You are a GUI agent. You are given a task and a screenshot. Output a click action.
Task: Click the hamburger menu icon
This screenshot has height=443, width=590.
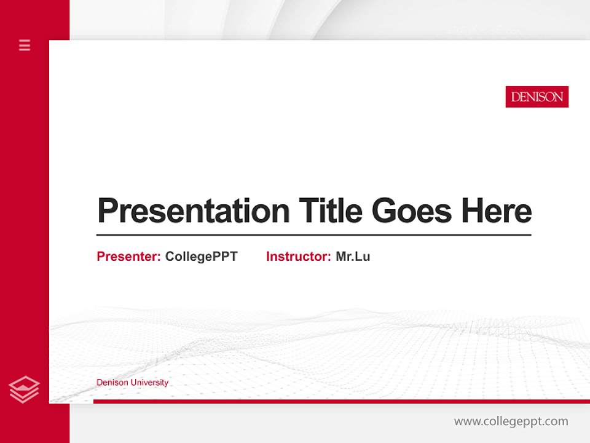(x=25, y=45)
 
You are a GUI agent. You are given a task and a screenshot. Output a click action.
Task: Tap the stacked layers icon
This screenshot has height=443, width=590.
(x=24, y=389)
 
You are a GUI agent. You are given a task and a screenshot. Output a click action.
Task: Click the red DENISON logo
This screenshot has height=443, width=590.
(x=537, y=97)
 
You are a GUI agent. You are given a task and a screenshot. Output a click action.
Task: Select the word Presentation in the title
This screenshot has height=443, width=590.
(x=193, y=211)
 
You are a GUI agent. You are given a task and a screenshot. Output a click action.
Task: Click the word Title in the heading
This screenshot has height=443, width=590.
(x=330, y=210)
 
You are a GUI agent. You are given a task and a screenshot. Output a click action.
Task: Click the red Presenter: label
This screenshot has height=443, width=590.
(x=128, y=257)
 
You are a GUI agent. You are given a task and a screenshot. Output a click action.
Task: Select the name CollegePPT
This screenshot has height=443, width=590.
(x=201, y=257)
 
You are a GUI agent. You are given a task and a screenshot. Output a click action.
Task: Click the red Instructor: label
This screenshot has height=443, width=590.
(x=298, y=257)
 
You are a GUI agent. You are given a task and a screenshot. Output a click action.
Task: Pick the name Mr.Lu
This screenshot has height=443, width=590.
(x=353, y=257)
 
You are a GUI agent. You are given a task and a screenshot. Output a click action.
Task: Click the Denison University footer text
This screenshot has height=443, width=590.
(x=132, y=383)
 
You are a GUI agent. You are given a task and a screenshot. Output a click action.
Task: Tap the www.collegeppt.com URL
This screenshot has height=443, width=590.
(x=511, y=421)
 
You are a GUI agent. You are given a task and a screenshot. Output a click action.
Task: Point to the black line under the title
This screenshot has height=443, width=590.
(x=313, y=234)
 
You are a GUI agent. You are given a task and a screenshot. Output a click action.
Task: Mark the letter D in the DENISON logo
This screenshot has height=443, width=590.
(x=515, y=97)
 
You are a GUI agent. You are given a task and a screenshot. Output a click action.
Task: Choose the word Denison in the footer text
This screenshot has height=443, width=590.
(x=111, y=383)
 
